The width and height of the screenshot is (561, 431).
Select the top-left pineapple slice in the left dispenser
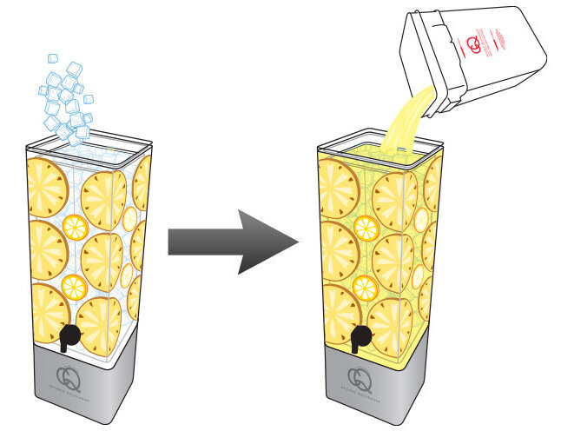[x=49, y=183]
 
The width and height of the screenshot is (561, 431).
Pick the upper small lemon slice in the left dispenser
[x=75, y=228]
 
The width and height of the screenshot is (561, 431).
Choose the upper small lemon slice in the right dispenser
[x=366, y=228]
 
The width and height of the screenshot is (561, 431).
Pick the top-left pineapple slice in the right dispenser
[x=337, y=183]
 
